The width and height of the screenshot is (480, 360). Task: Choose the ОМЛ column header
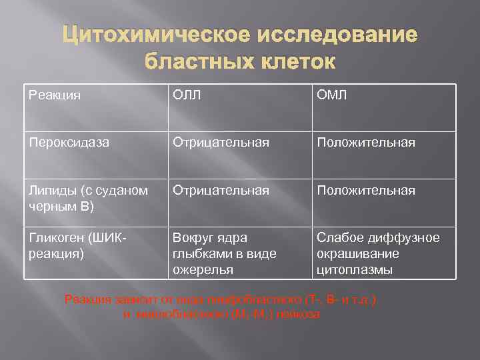(332, 95)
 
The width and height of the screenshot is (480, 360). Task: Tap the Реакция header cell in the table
(55, 95)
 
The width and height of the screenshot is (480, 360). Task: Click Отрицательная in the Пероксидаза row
(221, 143)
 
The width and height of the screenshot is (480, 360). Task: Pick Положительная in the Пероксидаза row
(366, 143)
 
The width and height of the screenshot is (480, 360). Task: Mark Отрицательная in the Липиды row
(221, 191)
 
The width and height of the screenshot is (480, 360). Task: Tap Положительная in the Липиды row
(366, 191)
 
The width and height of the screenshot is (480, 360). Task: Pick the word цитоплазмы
(354, 270)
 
